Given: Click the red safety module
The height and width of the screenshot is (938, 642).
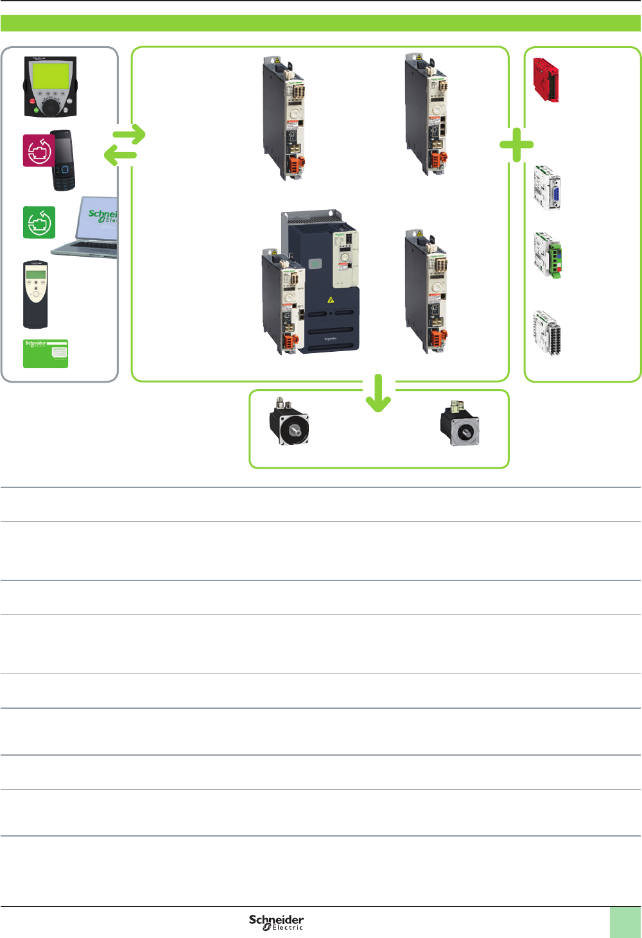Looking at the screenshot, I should click(x=546, y=80).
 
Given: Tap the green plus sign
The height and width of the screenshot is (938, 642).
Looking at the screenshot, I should click(x=517, y=145).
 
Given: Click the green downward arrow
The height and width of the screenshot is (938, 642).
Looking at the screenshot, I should click(x=378, y=394).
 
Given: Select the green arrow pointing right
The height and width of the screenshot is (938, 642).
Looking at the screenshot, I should click(x=130, y=135).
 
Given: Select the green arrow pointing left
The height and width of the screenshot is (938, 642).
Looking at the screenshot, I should click(x=120, y=155).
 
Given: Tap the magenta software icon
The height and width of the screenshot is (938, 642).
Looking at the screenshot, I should click(x=39, y=151).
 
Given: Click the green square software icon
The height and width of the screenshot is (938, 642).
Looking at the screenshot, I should click(x=39, y=222).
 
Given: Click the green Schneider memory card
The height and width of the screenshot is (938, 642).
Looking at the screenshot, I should click(x=46, y=354).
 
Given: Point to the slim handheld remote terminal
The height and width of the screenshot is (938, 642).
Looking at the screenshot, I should click(x=35, y=294).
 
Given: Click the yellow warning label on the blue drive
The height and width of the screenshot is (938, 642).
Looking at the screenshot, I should click(x=331, y=299).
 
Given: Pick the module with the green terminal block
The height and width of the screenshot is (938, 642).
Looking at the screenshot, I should click(x=548, y=256).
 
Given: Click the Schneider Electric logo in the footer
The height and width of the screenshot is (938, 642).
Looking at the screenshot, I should click(x=277, y=923).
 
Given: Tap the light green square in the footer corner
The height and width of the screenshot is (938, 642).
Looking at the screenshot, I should click(x=625, y=923).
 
